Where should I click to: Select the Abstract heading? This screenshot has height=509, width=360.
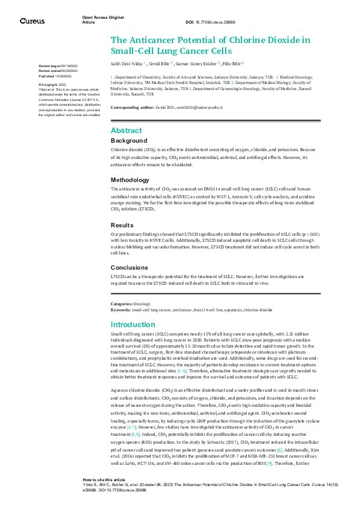coord(126,131)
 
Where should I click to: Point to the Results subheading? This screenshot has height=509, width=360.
coord(123,224)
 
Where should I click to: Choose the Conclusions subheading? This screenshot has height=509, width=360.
coord(129,267)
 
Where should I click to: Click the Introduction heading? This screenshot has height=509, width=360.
coord(133,325)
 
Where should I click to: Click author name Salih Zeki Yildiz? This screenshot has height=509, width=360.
coord(125,63)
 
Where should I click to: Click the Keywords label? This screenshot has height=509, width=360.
coord(121,309)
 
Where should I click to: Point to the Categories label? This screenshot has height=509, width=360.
coord(122,303)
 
